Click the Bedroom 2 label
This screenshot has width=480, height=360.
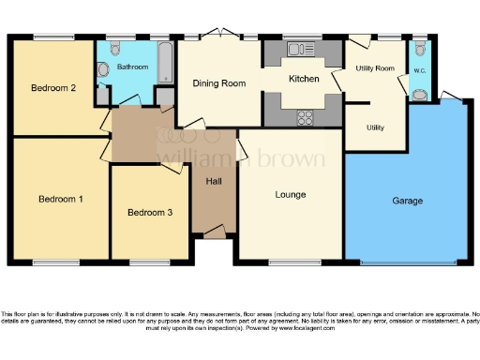tap(52, 89)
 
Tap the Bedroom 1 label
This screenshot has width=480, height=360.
tap(61, 199)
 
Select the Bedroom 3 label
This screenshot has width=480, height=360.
tap(150, 213)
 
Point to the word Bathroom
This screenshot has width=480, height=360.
tap(133, 67)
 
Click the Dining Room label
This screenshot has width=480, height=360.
tap(219, 83)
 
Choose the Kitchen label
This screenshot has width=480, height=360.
tap(304, 79)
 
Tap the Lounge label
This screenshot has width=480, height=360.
tap(291, 195)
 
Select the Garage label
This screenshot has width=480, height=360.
tap(408, 201)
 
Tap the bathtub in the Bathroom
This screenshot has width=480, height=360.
tap(165, 61)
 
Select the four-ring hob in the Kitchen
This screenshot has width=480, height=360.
tap(305, 116)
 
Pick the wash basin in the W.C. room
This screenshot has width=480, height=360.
tap(419, 93)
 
